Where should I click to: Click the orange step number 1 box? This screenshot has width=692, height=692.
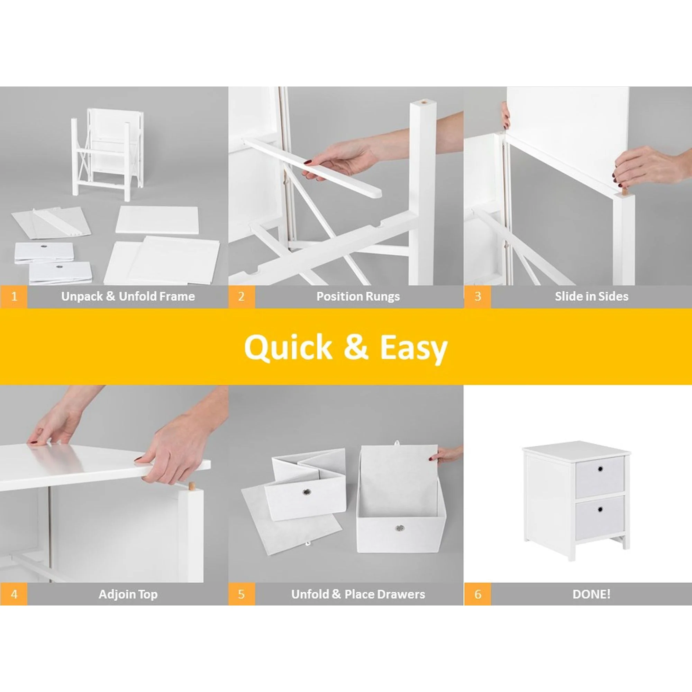(13, 297)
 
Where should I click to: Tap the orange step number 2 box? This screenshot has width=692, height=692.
(242, 297)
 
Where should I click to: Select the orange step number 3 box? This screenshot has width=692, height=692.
(477, 297)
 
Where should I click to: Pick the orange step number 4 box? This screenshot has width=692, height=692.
(13, 594)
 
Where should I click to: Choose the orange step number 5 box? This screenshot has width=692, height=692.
(242, 594)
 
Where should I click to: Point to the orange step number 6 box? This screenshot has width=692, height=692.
(477, 594)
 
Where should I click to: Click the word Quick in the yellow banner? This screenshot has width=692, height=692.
(288, 348)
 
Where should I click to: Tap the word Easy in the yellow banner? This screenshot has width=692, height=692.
(414, 349)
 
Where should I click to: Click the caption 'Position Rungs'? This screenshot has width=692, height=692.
(358, 297)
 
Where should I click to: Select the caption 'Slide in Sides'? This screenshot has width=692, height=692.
(592, 297)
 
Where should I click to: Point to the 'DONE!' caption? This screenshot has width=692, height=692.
(591, 594)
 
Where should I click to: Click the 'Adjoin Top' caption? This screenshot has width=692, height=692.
(128, 594)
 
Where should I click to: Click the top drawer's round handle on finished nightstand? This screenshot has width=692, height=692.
(600, 469)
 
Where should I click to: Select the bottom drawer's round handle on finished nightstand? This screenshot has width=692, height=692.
(600, 509)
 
